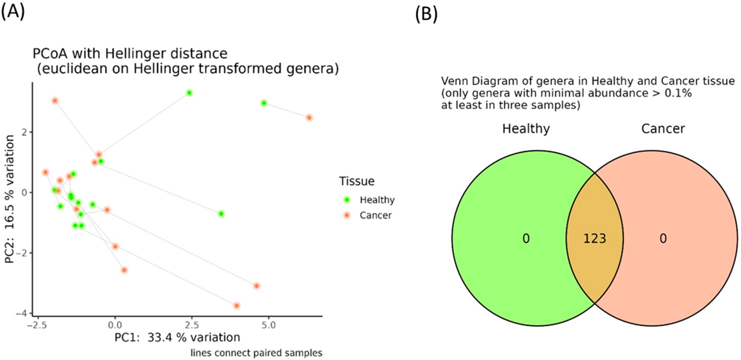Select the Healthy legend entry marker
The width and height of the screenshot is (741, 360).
(347, 200)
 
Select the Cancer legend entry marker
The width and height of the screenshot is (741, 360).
(347, 215)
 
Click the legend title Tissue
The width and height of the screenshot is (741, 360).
(357, 181)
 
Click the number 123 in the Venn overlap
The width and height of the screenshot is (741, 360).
(595, 239)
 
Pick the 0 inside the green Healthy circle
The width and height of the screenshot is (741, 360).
(526, 239)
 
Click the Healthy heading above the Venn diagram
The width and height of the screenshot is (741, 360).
(526, 129)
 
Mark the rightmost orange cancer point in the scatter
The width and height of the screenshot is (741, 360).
(309, 118)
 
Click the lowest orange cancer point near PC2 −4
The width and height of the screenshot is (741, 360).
(236, 305)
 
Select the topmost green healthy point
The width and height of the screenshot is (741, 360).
(189, 93)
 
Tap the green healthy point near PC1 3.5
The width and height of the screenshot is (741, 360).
(221, 214)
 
